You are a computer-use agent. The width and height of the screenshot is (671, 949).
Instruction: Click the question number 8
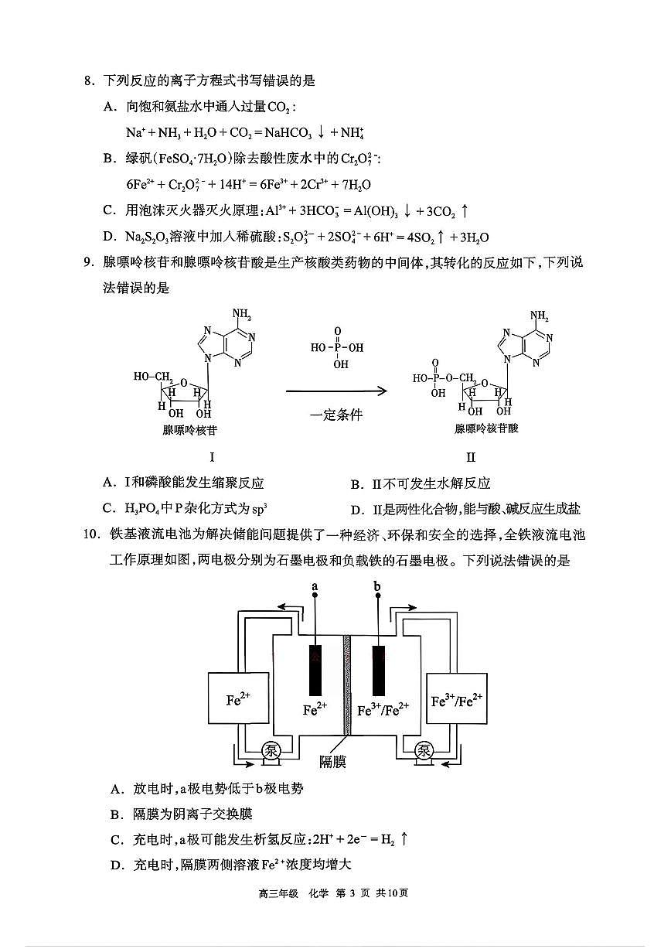(89, 80)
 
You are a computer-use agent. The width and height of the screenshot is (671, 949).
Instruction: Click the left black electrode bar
(315, 669)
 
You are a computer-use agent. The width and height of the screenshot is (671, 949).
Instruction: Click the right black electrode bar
(378, 669)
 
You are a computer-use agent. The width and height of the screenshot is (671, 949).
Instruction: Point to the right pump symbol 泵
(424, 750)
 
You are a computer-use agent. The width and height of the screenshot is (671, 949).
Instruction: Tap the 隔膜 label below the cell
(332, 763)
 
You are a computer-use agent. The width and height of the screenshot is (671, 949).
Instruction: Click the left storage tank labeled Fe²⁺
(238, 699)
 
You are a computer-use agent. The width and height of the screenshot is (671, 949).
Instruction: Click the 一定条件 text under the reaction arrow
(335, 415)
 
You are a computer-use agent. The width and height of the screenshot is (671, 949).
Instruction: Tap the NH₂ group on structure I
(242, 315)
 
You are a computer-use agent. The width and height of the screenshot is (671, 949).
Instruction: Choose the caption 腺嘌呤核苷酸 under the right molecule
(486, 428)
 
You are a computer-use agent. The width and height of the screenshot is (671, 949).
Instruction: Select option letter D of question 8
(109, 237)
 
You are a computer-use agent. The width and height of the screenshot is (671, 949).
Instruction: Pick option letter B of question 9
(356, 484)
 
